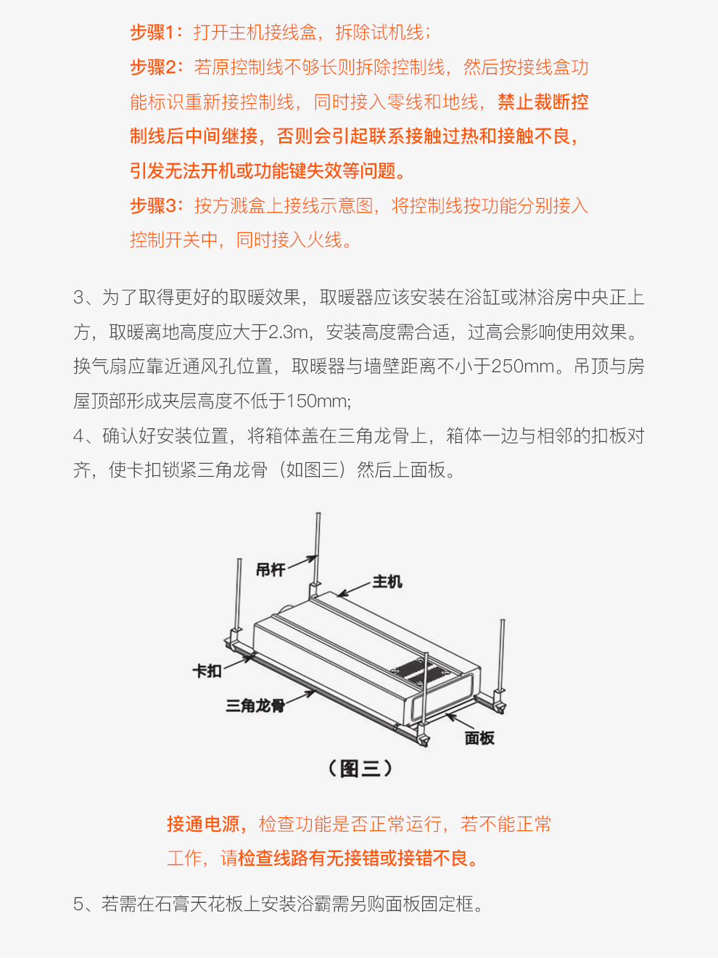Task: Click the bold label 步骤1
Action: coord(152,33)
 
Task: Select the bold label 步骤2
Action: coord(153,67)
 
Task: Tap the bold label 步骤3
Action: coord(153,205)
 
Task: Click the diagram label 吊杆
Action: coord(271,569)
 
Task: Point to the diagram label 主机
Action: coord(387,581)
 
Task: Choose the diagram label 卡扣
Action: coord(207,671)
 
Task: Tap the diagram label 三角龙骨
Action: coord(255,705)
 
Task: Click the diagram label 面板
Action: coord(479,738)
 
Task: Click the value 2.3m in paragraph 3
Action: coord(288,332)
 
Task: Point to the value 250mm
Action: coord(522,367)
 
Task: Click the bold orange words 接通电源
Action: coord(203,824)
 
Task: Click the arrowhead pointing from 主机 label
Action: coord(342,594)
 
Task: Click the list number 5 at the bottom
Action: coord(78,904)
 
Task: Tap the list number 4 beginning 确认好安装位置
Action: coord(78,435)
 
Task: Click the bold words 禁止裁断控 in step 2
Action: coord(542,102)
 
